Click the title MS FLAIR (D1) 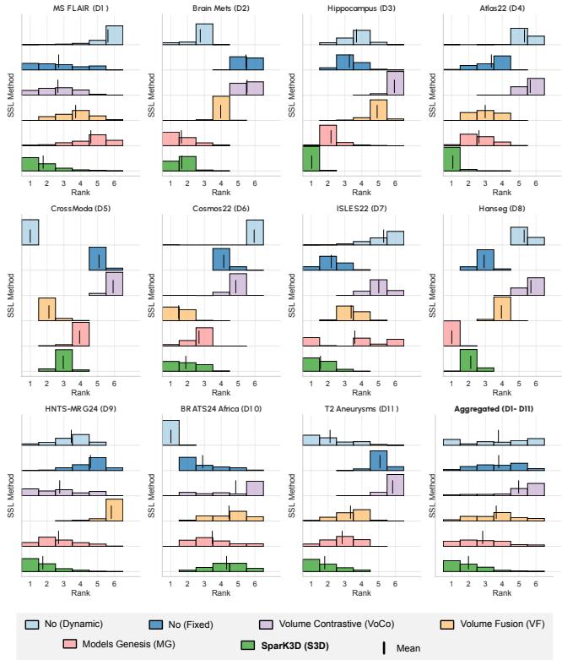pos(72,7)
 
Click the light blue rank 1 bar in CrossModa pos(30,232)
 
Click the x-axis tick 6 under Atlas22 pos(536,183)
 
